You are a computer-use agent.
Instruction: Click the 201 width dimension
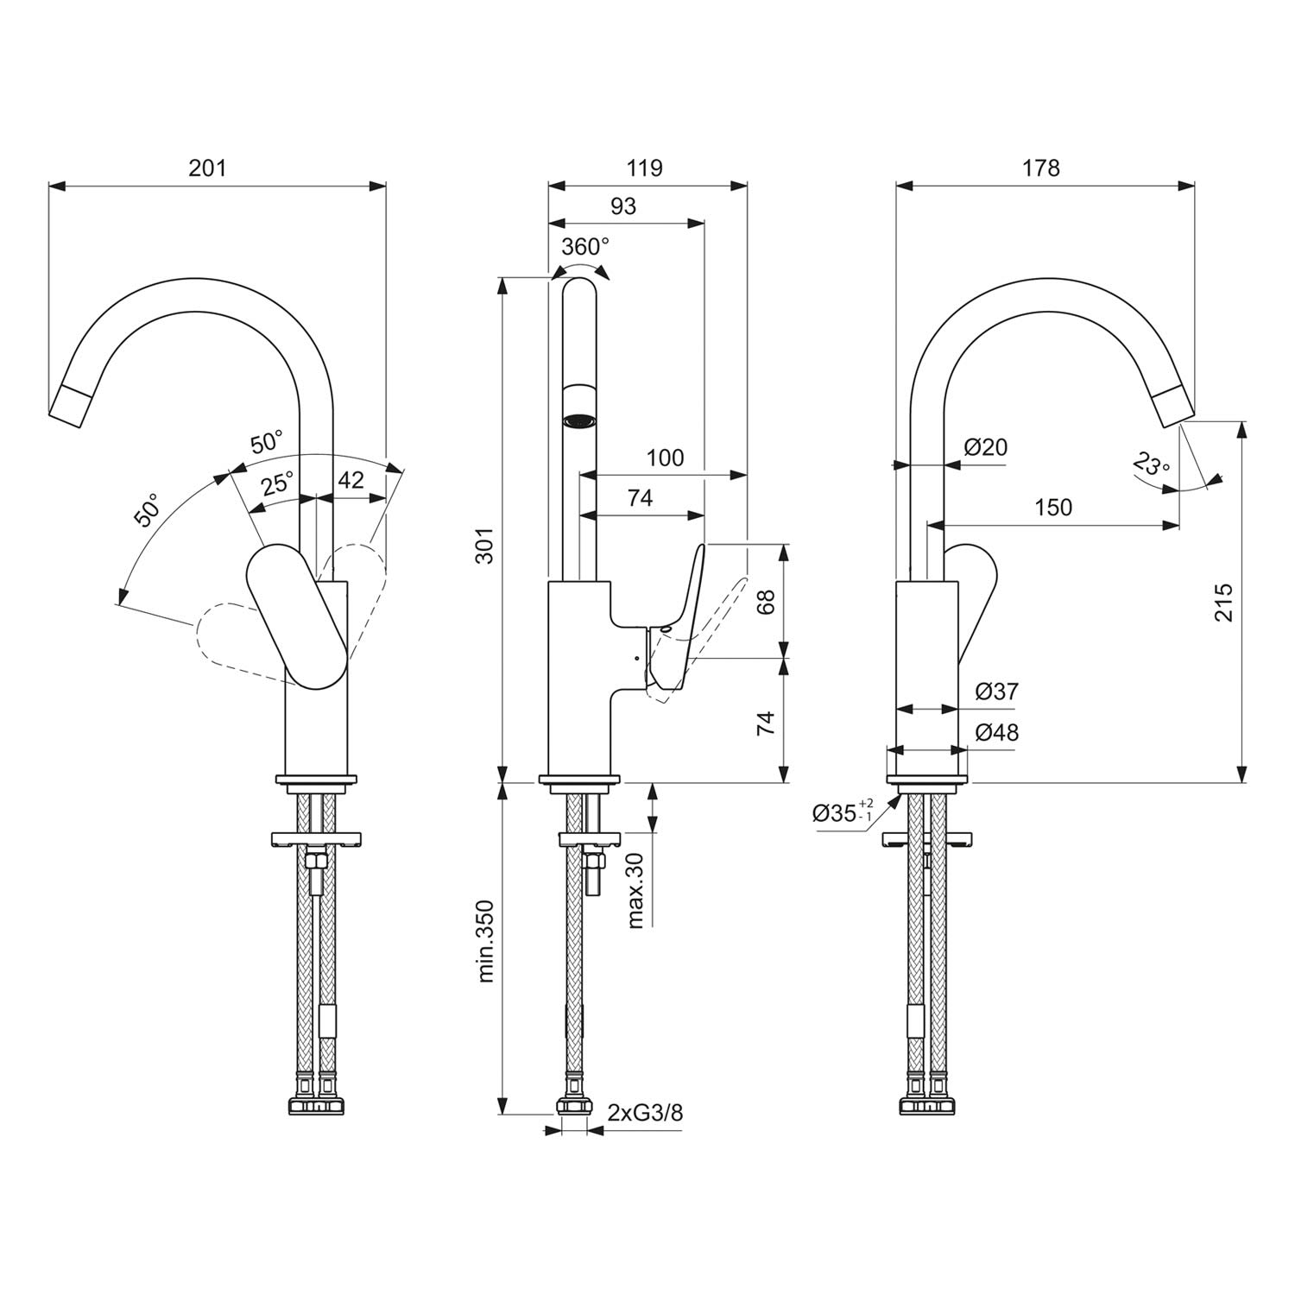coord(207,167)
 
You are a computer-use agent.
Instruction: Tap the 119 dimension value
coord(645,167)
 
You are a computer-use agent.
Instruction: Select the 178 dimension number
coord(1040,167)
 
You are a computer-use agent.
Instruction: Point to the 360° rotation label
coord(584,247)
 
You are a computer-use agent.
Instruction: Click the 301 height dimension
coord(486,545)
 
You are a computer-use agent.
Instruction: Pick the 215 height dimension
coord(1223,602)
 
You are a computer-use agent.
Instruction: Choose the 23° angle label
coord(1151,466)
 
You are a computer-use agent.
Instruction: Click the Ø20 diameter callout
coord(985,447)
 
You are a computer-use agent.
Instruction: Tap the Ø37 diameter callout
coord(996,692)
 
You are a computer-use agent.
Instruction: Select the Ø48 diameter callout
coord(996,732)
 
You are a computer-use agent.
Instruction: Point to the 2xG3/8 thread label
coord(645,1113)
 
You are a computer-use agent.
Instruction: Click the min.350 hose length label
coord(486,941)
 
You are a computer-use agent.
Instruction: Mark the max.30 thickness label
coord(636,890)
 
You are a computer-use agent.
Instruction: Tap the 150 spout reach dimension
coord(1053,507)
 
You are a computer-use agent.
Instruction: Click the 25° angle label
coord(277,483)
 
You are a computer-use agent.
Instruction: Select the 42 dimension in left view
coord(350,480)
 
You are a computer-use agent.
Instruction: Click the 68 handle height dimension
coord(765,601)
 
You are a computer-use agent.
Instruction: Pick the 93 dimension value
coord(622,206)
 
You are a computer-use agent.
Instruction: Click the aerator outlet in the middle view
coord(579,421)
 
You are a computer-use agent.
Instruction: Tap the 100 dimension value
coord(665,458)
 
